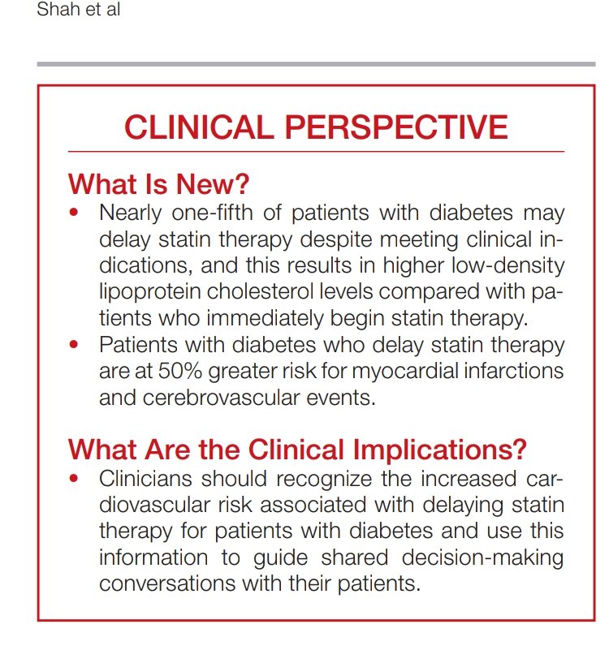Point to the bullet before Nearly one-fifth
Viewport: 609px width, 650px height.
pyautogui.click(x=75, y=214)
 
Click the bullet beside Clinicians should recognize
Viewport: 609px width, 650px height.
pyautogui.click(x=75, y=479)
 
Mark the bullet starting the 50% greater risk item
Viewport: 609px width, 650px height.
pyautogui.click(x=75, y=346)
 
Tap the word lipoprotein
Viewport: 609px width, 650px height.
pyautogui.click(x=149, y=292)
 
